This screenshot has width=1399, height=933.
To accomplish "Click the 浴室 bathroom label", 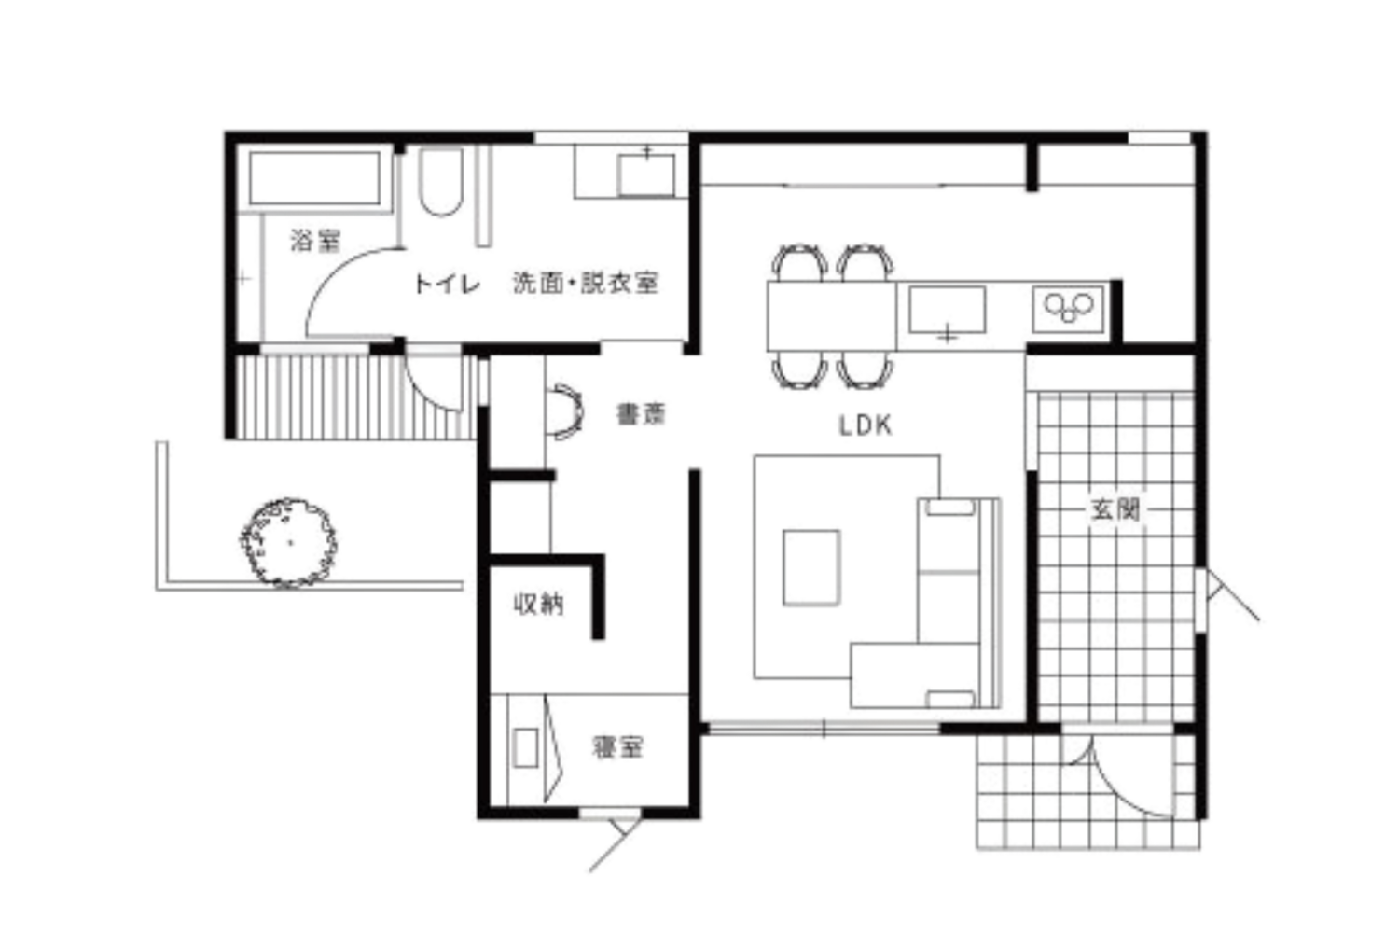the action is (x=316, y=242).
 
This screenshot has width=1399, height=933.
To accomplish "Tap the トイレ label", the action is (x=447, y=285).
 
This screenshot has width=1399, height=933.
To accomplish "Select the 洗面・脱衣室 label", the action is (x=586, y=283).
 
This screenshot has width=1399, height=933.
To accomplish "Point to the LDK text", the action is (x=865, y=425).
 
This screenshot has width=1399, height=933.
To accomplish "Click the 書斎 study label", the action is (x=642, y=414).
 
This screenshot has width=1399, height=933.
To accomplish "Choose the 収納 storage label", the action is (x=538, y=604).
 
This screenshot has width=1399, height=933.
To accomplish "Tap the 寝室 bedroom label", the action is (x=617, y=747).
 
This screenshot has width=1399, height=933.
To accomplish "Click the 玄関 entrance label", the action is (x=1115, y=510).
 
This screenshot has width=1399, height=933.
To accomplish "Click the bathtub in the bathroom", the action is (x=315, y=178).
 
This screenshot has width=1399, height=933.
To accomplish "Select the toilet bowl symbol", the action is (x=441, y=182).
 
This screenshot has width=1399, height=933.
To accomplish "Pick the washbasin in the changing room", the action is (x=646, y=175).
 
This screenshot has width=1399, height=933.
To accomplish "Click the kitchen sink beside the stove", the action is (x=948, y=310).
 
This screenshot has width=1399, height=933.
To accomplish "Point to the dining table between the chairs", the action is (x=831, y=316).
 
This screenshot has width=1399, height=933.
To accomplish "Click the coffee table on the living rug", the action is (x=811, y=568).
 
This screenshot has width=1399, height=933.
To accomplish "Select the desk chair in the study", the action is (x=566, y=411).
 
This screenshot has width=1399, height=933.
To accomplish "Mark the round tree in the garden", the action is (x=288, y=543).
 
